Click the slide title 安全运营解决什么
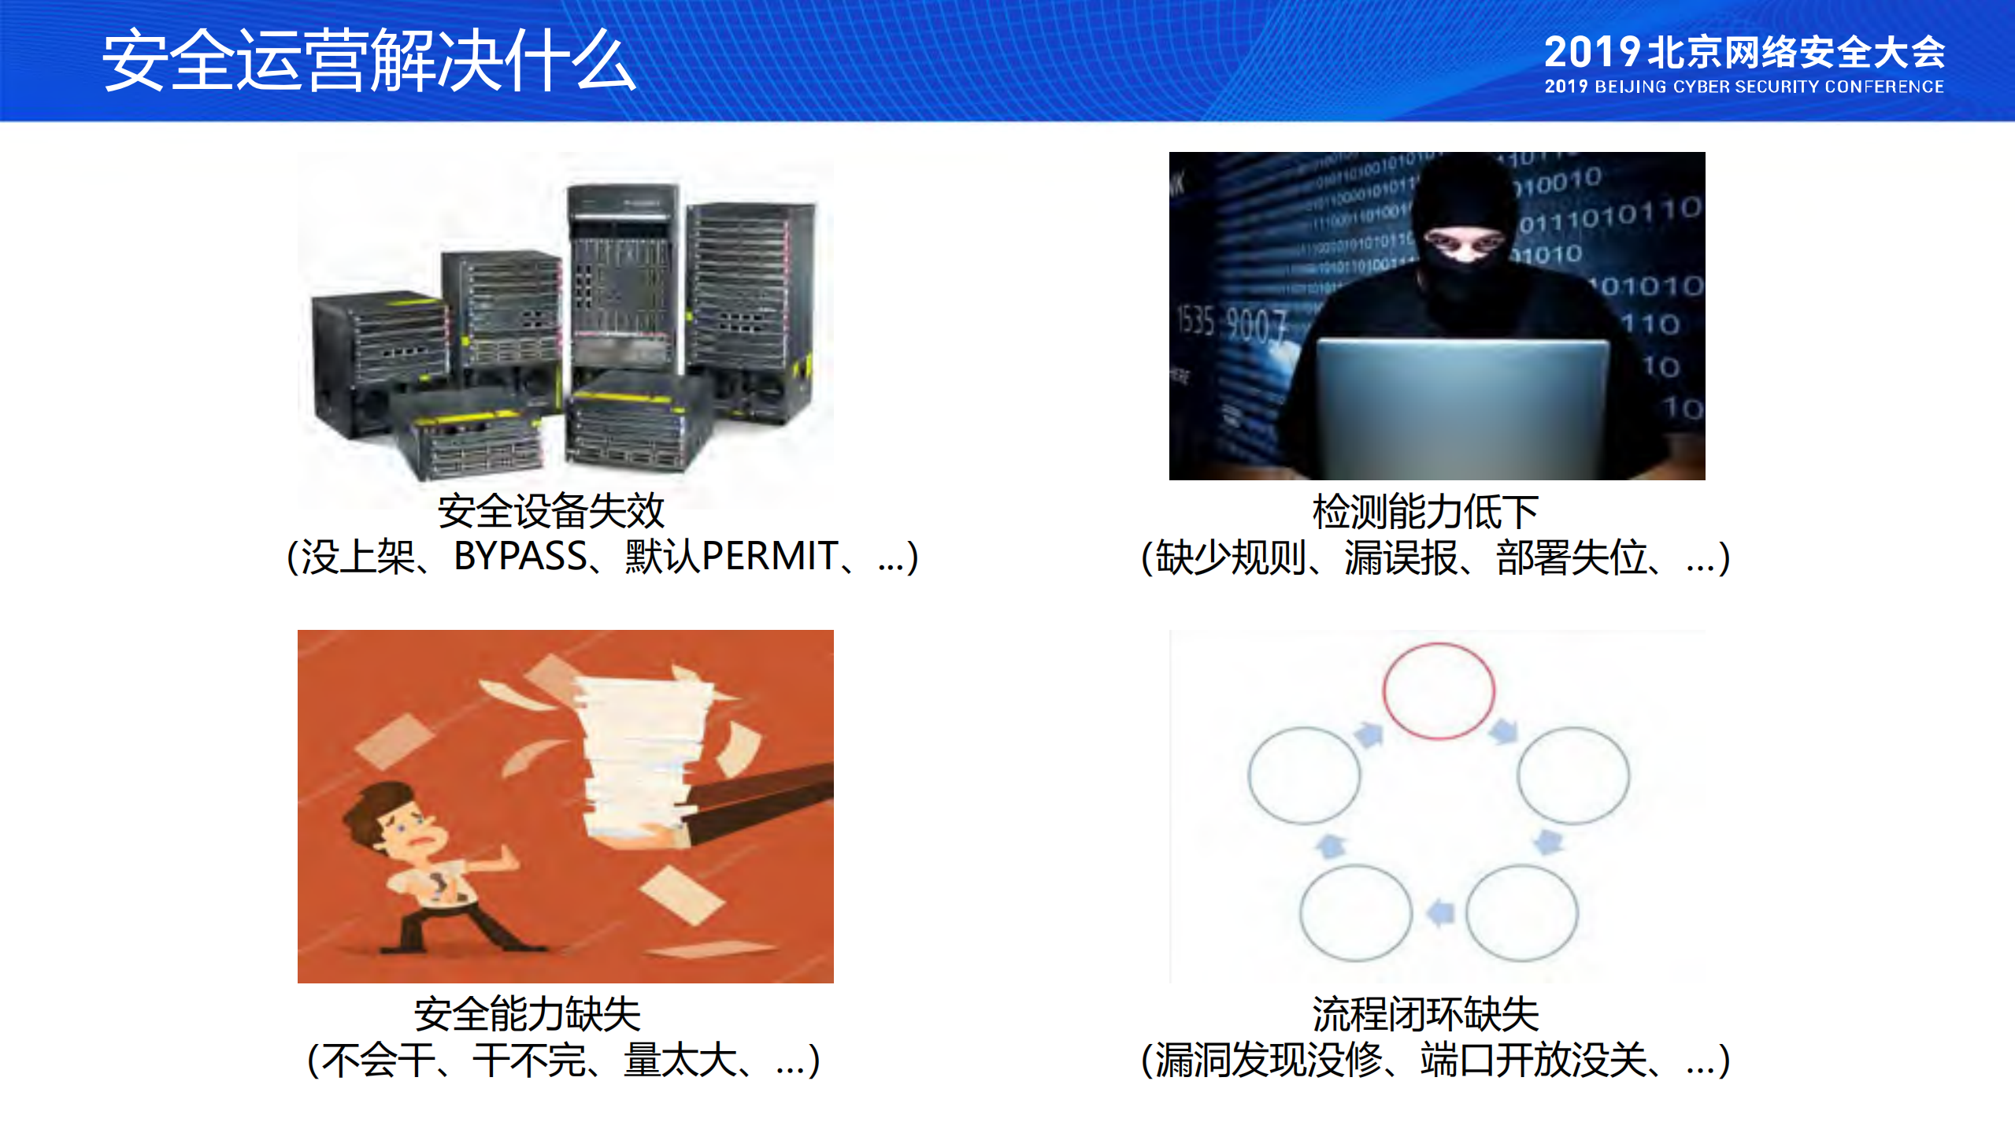(369, 61)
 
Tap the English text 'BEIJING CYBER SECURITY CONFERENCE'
(1769, 87)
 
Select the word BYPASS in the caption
(520, 557)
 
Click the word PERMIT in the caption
(769, 557)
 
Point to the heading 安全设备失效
(550, 511)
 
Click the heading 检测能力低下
(1424, 513)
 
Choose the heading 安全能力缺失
(527, 1014)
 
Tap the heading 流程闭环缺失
(1424, 1014)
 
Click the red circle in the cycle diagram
(1438, 691)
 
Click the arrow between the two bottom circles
(1440, 913)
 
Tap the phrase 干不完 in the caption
(529, 1060)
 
